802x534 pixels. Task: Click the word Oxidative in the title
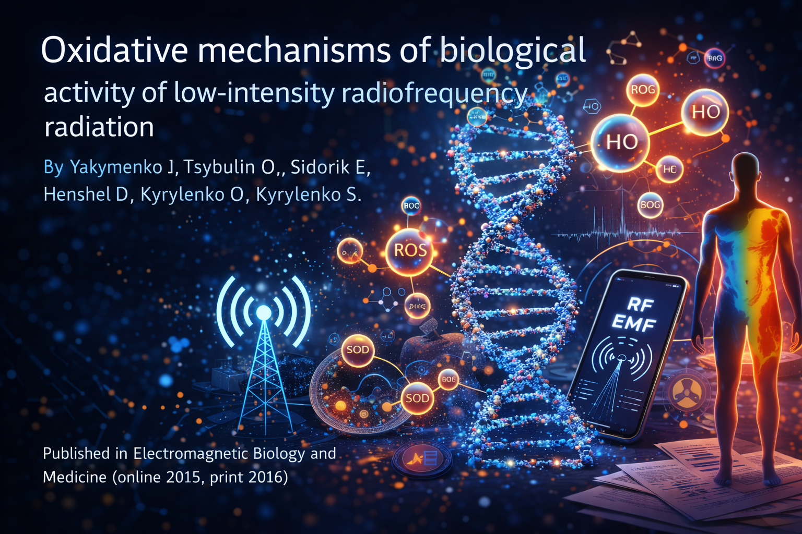coord(114,51)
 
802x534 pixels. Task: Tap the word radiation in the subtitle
coord(99,127)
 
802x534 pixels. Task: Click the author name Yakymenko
coord(116,167)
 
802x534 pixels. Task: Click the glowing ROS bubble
coord(410,251)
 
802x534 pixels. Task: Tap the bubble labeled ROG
coord(643,90)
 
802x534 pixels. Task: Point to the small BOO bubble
coord(411,205)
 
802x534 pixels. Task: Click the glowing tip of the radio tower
coord(264,312)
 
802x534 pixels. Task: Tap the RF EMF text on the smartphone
coord(635,313)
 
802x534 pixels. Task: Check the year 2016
coord(266,477)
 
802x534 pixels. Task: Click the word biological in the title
coord(513,51)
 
